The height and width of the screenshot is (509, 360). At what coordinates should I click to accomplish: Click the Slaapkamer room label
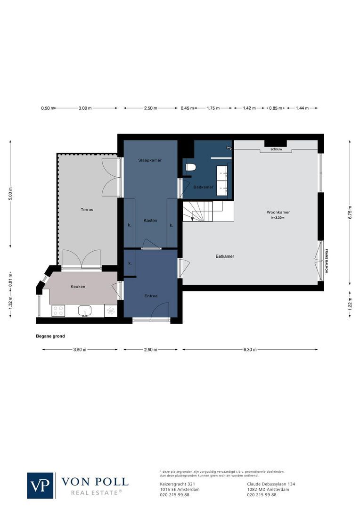[x=150, y=160]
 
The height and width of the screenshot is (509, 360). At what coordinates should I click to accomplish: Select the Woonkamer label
[x=278, y=213]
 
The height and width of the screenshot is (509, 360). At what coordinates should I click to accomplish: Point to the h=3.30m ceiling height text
[x=278, y=218]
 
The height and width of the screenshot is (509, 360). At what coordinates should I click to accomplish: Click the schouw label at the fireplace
[x=276, y=149]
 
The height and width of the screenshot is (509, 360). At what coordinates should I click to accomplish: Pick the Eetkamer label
[x=225, y=256]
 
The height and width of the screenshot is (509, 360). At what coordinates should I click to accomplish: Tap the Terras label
[x=87, y=210]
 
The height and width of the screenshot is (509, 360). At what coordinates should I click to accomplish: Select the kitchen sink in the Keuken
[x=85, y=310]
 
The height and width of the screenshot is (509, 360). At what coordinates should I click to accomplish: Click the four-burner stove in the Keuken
[x=58, y=311]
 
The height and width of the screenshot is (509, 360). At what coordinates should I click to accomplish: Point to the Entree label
[x=151, y=296]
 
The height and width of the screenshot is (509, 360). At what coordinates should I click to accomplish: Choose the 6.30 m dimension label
[x=250, y=350]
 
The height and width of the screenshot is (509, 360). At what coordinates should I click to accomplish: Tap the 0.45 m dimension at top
[x=187, y=108]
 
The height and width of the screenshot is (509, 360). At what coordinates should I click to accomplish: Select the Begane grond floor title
[x=50, y=336]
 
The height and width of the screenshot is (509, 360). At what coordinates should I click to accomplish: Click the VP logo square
[x=40, y=485]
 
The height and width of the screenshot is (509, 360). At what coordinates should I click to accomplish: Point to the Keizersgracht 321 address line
[x=175, y=484]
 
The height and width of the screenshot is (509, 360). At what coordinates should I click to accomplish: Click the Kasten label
[x=150, y=221]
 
